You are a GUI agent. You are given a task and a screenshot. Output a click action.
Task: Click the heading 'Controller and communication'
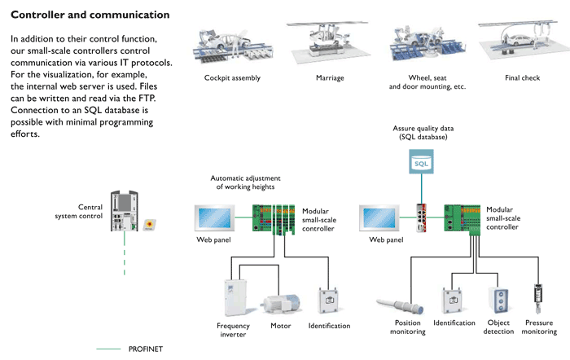[90, 15]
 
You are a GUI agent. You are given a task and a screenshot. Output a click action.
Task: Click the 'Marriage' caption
[330, 79]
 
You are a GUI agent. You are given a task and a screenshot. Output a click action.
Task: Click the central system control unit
[125, 212]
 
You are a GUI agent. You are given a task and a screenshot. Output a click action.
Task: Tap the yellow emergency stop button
[149, 224]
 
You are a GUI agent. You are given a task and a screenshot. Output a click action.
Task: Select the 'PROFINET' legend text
[146, 349]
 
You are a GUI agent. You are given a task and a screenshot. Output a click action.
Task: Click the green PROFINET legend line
[108, 349]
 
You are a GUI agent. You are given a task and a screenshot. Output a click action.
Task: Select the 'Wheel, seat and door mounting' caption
[427, 82]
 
